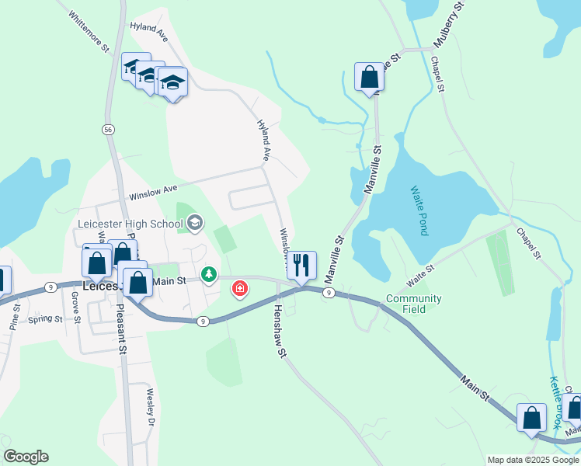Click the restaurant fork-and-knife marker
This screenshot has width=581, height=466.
[x=302, y=265]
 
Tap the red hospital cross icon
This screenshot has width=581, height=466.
[x=240, y=289]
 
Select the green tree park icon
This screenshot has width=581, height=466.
[x=208, y=274]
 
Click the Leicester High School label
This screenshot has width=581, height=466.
[x=130, y=224]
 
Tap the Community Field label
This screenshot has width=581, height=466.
[x=414, y=304]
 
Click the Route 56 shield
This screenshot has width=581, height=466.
[x=108, y=130]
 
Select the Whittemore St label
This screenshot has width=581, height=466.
[x=87, y=32]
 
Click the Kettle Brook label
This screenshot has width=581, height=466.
[x=556, y=402]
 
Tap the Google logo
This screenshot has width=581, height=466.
[x=26, y=457]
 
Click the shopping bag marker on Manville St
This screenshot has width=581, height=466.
[x=369, y=77]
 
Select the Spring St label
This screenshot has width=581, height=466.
[x=43, y=319]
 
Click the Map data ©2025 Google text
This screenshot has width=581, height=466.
[x=533, y=460]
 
